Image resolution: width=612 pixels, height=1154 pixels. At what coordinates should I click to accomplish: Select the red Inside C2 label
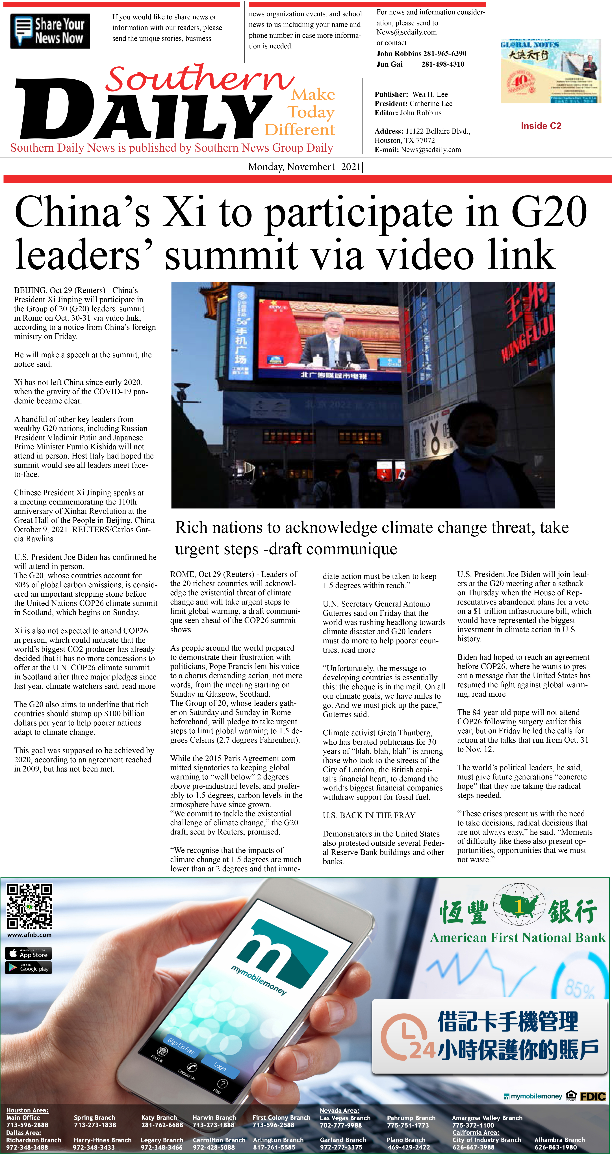pos(541,126)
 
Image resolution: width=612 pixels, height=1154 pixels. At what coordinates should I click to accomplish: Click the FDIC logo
pos(593,1096)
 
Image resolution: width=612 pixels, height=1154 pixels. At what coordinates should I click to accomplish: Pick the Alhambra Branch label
pos(559,1140)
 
